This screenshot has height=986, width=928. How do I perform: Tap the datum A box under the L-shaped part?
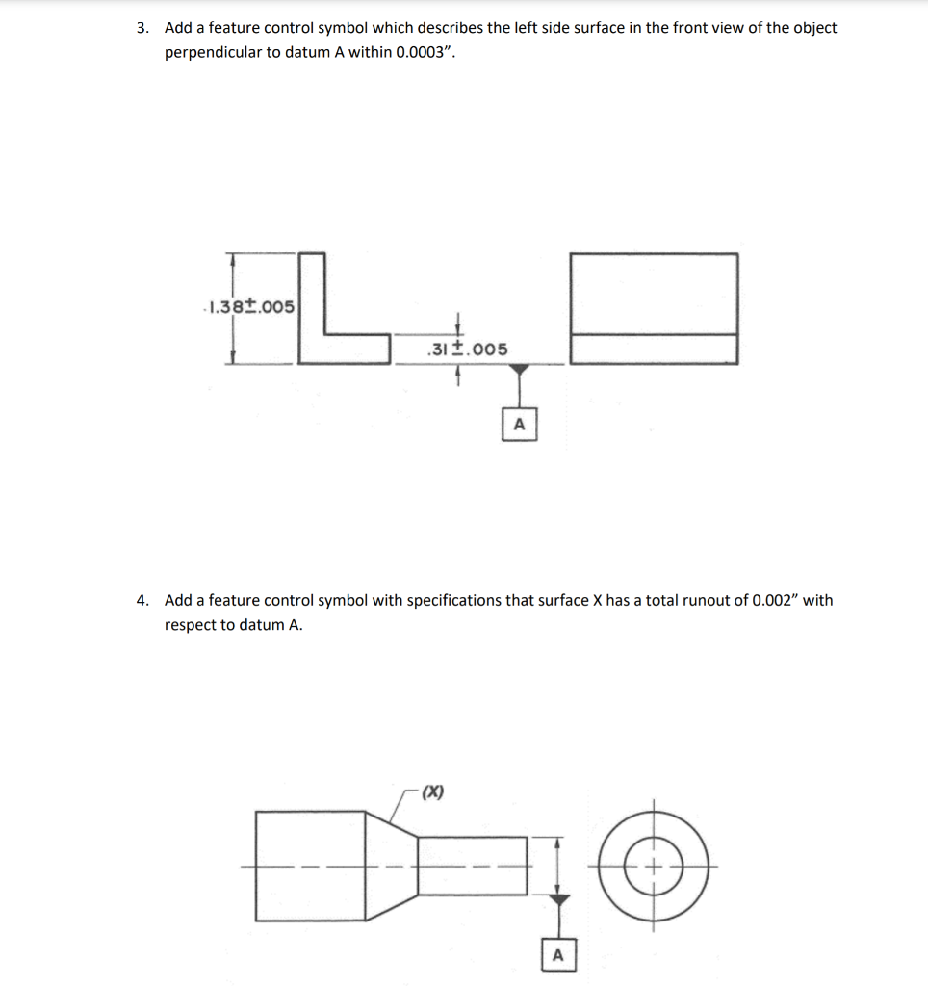[519, 423]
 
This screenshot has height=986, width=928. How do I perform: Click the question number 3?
[142, 28]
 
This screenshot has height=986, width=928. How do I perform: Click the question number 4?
[142, 601]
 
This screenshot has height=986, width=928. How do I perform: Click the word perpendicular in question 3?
[212, 52]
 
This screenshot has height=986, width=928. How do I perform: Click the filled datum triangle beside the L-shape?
[519, 370]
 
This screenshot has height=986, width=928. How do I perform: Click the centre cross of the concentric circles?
[656, 866]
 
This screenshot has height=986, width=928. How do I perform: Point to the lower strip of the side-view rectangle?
[654, 349]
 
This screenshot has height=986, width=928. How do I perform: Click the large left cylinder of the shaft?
[310, 866]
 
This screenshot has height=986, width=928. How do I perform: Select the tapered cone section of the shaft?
[391, 866]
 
